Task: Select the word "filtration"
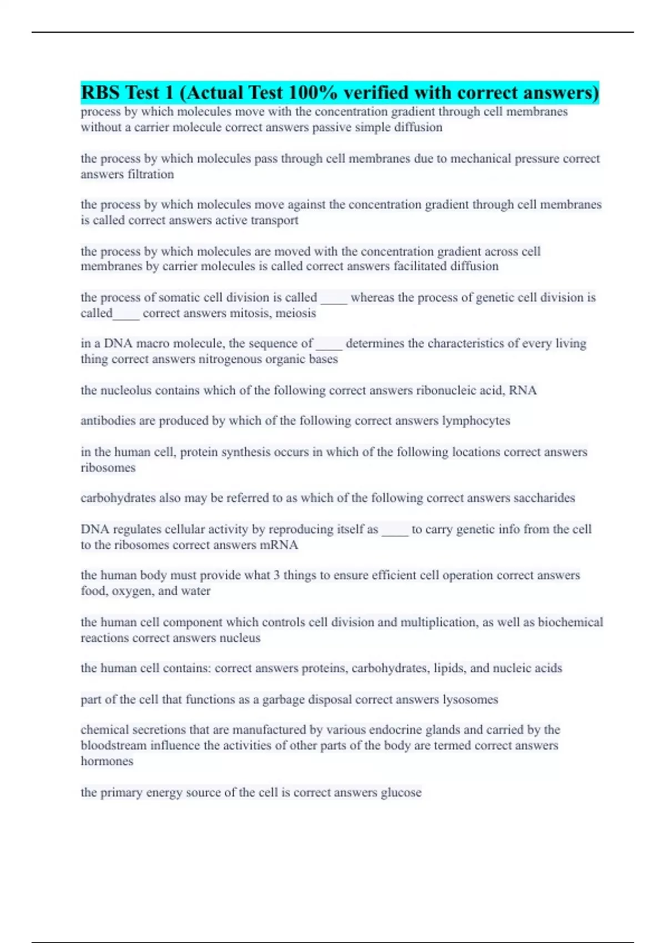(x=151, y=174)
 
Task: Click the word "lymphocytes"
(x=476, y=420)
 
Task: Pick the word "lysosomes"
(x=470, y=699)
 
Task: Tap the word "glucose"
(x=401, y=792)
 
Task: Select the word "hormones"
(x=107, y=761)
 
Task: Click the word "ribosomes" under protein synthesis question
(x=108, y=468)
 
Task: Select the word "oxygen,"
(x=133, y=591)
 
